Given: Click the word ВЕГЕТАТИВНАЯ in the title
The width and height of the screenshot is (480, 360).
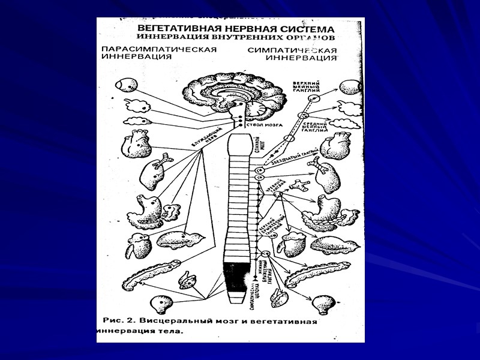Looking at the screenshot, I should point(176,29).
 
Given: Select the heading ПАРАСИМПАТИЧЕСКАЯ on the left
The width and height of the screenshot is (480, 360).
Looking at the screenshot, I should point(158,49).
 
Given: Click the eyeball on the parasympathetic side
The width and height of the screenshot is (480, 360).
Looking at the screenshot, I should point(127,83).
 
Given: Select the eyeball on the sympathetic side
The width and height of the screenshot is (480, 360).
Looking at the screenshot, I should point(350,86).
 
